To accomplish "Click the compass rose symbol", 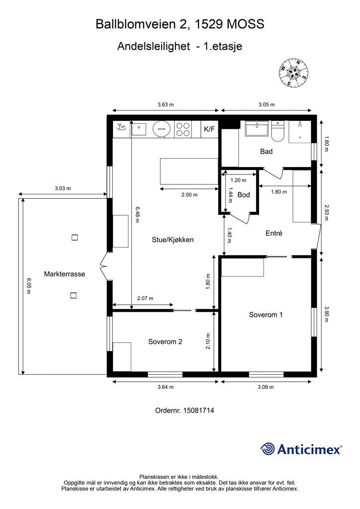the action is click(293, 74).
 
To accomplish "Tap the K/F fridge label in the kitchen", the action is click(209, 129).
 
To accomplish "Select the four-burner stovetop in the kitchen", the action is click(182, 129).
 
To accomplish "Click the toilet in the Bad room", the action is click(277, 131).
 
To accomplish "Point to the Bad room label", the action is click(266, 151).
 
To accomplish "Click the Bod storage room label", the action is click(244, 195).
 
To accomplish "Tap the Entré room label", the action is click(273, 233).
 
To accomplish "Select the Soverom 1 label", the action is click(266, 315).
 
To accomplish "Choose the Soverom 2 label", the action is click(165, 341).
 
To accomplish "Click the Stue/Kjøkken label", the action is click(173, 240).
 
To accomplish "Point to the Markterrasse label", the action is click(65, 274).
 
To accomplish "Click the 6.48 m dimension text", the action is click(137, 215).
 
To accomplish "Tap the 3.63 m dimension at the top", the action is click(166, 104).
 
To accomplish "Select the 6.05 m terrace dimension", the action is click(28, 286).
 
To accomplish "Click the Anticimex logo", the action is click(301, 449).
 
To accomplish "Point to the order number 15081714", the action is click(184, 410).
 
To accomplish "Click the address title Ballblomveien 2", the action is click(142, 24).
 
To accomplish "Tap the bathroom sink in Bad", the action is click(257, 129).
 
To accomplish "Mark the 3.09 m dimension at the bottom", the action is click(266, 387).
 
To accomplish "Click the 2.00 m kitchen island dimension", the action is click(189, 195).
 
